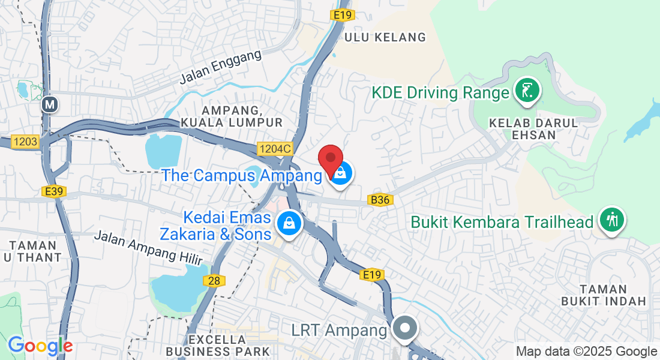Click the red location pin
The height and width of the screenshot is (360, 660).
coord(330,159)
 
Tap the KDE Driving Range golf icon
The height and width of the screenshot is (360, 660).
coord(526,92)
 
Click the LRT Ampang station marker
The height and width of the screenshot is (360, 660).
coord(405,328)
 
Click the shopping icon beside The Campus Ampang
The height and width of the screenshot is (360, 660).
coord(341,173)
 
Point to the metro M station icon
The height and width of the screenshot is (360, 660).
coord(50,105)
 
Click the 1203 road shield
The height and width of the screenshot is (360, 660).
coord(25,142)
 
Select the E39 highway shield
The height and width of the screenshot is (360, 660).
coord(54,191)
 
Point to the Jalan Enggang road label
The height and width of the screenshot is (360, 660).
coord(221,67)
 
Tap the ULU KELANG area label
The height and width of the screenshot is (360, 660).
coord(385,37)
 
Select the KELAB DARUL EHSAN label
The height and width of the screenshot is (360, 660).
coord(533,128)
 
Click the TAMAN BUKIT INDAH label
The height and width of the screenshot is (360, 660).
coord(604,295)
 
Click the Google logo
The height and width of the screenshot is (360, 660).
coord(40,346)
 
